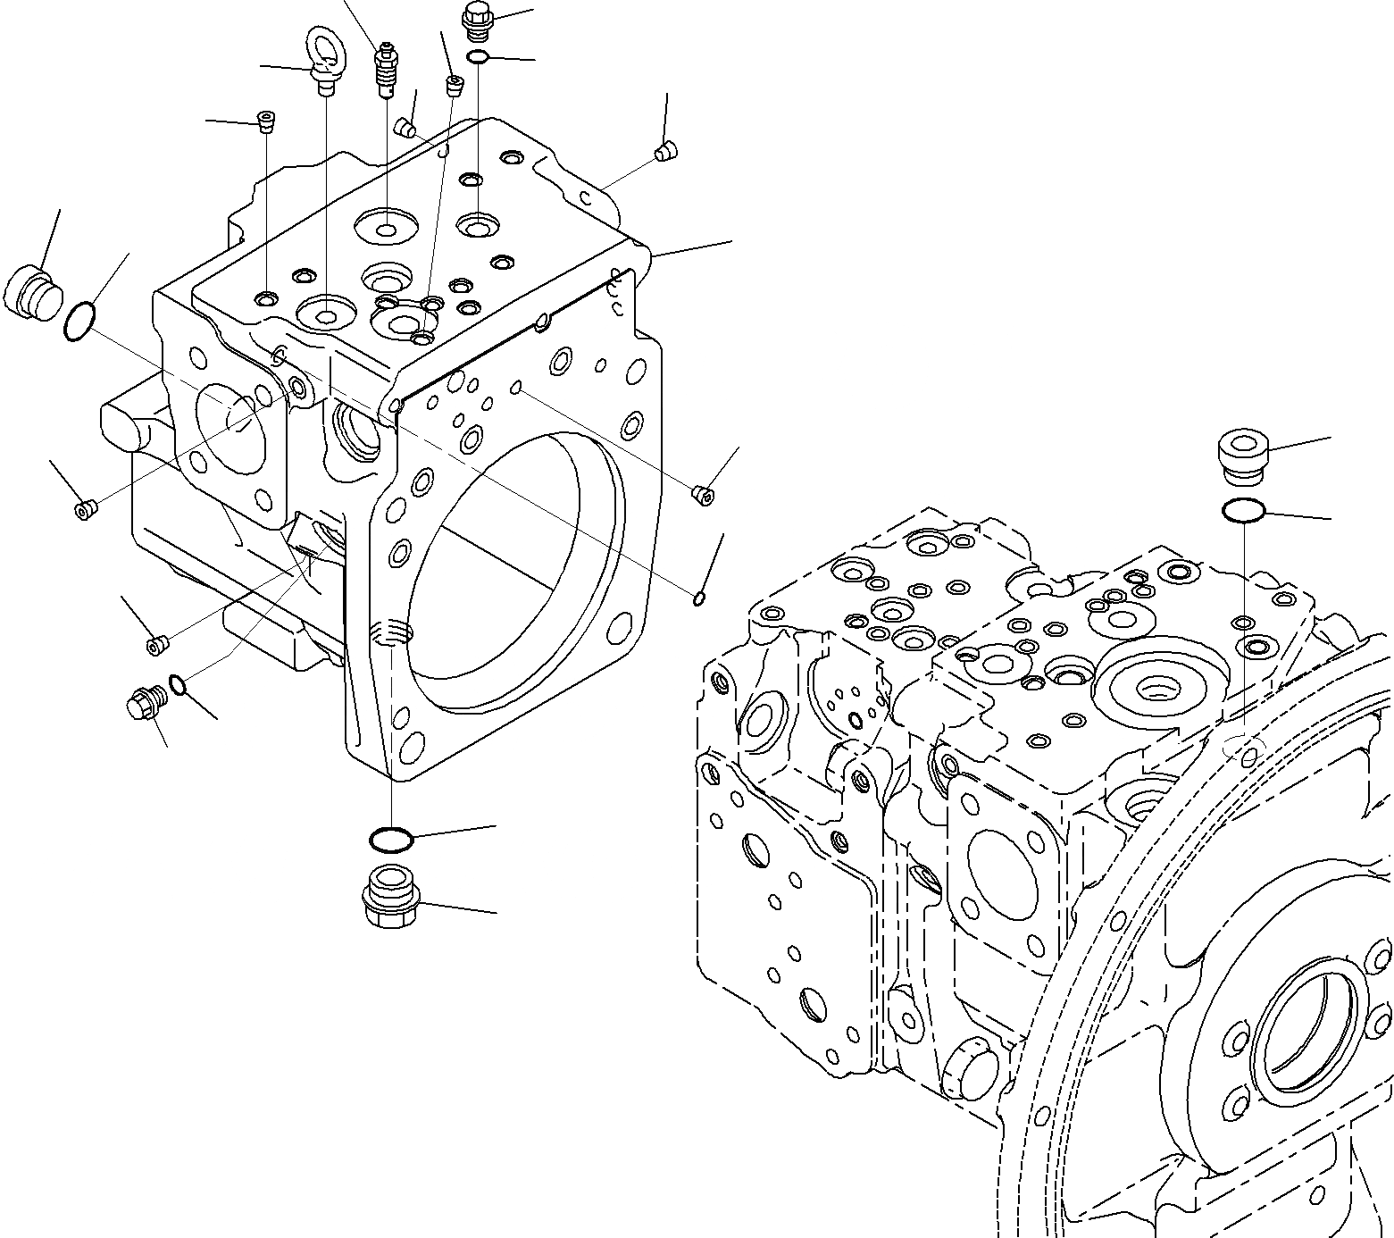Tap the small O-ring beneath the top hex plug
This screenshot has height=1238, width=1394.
[x=478, y=58]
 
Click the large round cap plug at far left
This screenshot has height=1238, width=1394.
[x=33, y=291]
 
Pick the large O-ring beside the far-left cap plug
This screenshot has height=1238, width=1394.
[x=79, y=322]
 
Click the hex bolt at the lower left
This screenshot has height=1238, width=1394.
[x=144, y=703]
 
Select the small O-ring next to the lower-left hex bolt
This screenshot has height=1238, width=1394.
[x=178, y=685]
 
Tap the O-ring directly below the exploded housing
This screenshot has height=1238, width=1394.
[x=390, y=840]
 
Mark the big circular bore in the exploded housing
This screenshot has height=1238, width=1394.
[x=509, y=572]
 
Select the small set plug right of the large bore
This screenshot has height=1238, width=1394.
[x=703, y=494]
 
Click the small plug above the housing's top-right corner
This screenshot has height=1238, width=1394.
[x=664, y=153]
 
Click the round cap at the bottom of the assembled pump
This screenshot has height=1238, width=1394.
[x=970, y=1084]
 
